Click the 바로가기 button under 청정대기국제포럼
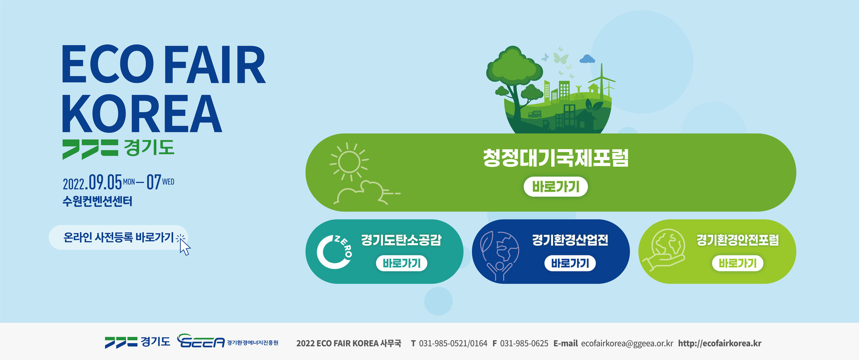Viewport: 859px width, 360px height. pyautogui.click(x=556, y=186)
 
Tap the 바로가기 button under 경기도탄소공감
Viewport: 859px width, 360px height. pyautogui.click(x=402, y=263)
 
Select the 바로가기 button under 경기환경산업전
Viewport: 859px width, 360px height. pyautogui.click(x=570, y=263)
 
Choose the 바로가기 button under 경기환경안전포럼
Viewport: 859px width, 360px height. pyautogui.click(x=738, y=263)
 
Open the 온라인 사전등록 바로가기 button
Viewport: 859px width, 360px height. pyautogui.click(x=118, y=237)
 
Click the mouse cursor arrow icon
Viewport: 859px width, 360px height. pyautogui.click(x=184, y=247)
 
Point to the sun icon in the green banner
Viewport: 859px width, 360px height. pyautogui.click(x=349, y=161)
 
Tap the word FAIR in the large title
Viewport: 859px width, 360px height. pyautogui.click(x=215, y=65)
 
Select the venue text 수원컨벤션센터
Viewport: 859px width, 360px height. pyautogui.click(x=98, y=201)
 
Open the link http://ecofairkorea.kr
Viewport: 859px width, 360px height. pyautogui.click(x=719, y=343)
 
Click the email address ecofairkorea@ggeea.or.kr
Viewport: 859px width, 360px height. pyautogui.click(x=627, y=343)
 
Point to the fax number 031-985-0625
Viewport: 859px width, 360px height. pyautogui.click(x=524, y=343)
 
